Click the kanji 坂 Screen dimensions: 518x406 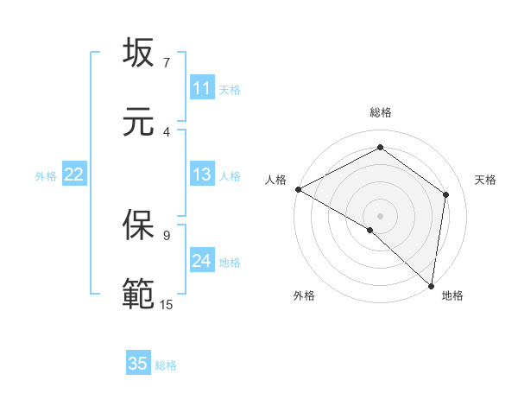pos(138,54)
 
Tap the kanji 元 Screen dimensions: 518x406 pos(138,123)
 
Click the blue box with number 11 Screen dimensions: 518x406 pos(202,88)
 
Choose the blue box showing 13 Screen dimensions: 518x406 pos(202,174)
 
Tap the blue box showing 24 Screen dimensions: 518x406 pos(202,261)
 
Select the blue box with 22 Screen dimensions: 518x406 pos(74,174)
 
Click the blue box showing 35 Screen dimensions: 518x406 pos(138,364)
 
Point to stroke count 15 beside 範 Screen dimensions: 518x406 pos(166,304)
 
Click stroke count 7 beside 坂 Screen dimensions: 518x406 pos(166,62)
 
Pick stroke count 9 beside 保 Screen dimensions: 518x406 pos(166,234)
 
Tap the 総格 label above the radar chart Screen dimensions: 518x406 pos(381,112)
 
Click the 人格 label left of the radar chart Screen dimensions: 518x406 pos(275,180)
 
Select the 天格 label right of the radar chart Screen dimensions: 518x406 pos(486,180)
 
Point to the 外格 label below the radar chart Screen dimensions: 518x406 pos(304,295)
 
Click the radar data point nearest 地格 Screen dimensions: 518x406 pos(431,285)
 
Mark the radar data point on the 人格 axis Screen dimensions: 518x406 pos(298,189)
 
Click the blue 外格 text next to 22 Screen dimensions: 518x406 pos(46,175)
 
